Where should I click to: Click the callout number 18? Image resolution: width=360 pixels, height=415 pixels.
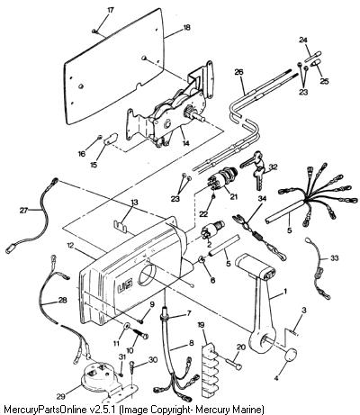(187, 28)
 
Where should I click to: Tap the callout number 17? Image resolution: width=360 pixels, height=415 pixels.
(111, 10)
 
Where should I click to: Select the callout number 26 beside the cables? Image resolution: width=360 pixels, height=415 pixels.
(239, 72)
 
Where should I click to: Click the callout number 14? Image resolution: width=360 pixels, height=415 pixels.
(186, 143)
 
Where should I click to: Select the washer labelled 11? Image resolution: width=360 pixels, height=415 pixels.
(126, 326)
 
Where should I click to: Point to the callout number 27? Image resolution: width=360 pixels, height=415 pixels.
(23, 211)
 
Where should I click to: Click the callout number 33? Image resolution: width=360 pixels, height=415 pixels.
(334, 257)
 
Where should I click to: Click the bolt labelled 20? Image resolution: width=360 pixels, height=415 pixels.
(231, 364)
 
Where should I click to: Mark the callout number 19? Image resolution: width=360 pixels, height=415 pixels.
(202, 324)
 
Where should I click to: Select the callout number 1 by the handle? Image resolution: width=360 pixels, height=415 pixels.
(285, 291)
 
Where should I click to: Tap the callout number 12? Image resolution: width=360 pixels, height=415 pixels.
(70, 246)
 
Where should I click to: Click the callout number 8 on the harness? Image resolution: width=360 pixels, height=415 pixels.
(191, 343)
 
